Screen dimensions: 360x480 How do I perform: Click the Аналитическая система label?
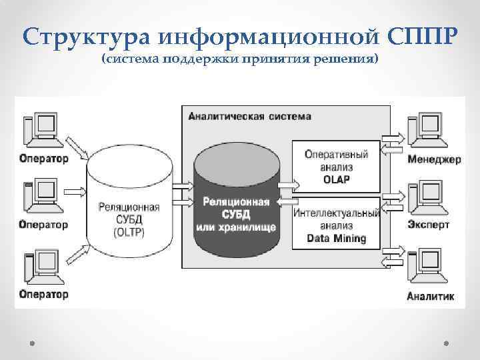tap(249, 116)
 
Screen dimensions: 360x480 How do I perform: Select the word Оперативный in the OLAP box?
tap(336, 155)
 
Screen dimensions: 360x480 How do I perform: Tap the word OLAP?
tap(336, 179)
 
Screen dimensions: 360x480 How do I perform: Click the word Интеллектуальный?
tap(336, 213)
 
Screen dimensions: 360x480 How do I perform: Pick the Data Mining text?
tap(336, 238)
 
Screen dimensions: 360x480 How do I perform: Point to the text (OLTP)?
tap(129, 232)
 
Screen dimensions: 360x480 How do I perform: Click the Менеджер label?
tap(433, 160)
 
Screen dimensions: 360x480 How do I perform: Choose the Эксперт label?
tap(429, 225)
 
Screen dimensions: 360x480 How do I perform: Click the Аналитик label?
tap(431, 295)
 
